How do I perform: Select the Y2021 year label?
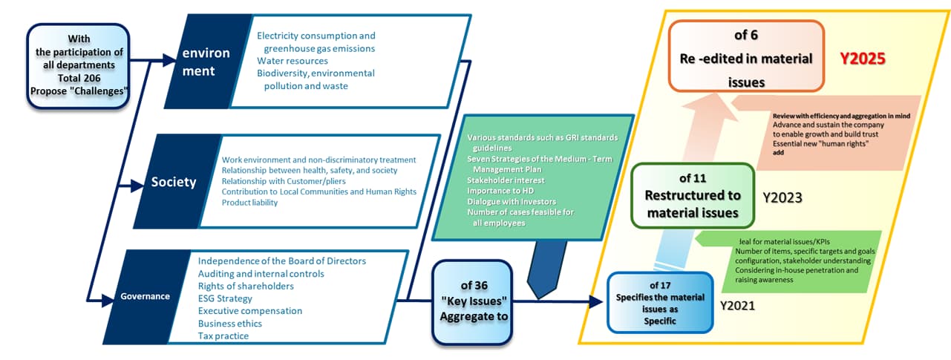tap(738, 304)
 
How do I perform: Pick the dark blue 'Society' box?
tap(174, 182)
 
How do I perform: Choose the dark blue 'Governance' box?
tap(146, 296)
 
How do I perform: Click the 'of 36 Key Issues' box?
tap(474, 301)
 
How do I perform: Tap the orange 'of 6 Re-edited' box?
tap(746, 58)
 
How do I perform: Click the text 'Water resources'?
tap(292, 61)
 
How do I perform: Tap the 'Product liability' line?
tap(249, 203)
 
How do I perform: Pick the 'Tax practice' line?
tap(223, 336)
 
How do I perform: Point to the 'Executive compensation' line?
tap(250, 311)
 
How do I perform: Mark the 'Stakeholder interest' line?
tap(506, 179)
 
